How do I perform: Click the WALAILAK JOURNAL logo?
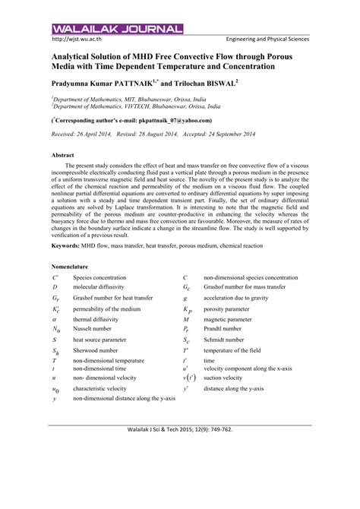117,30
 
